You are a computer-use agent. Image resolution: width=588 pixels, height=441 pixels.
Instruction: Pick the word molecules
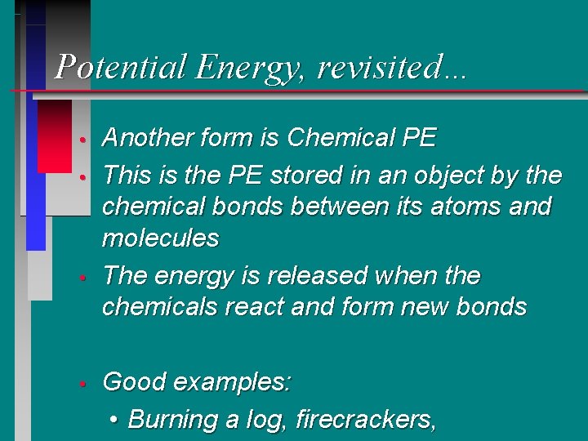tap(160, 238)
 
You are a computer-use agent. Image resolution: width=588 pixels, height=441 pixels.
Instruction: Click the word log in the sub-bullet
tap(265, 420)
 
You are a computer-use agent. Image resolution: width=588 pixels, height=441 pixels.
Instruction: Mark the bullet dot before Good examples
tap(83, 383)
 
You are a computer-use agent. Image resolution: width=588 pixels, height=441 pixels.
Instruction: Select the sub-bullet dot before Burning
tap(115, 421)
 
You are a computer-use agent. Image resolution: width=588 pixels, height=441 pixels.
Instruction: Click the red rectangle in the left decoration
tap(55, 136)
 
